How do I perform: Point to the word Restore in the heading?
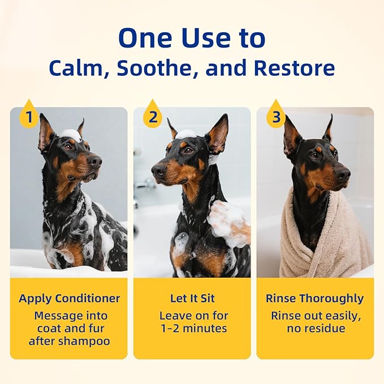[294, 68]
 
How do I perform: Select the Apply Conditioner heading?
[68, 298]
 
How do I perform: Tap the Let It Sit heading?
[192, 298]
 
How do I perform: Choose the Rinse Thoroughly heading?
[315, 298]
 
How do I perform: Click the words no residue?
[315, 329]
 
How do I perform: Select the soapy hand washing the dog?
[229, 222]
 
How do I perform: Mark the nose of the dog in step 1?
[98, 162]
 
